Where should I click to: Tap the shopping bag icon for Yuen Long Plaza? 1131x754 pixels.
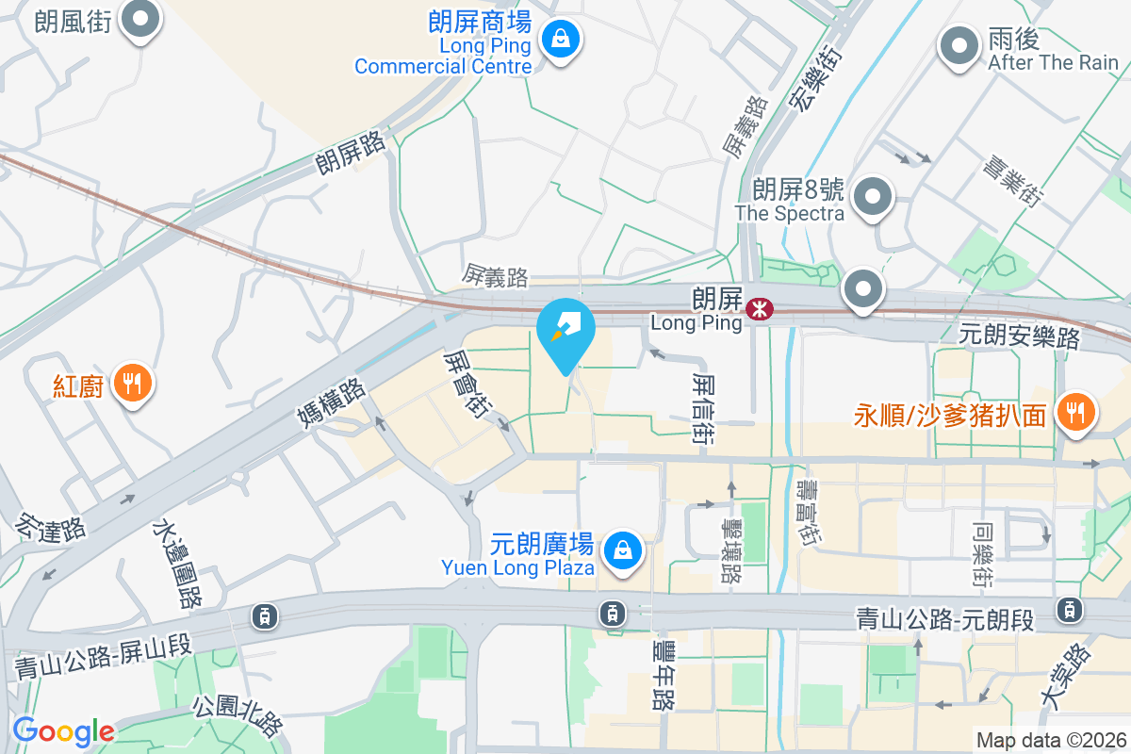pos(622,549)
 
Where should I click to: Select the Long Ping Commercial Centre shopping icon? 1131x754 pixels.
pos(561,40)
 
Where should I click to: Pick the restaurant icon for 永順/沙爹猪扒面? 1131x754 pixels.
pos(1074,412)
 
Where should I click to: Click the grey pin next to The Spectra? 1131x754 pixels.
pos(872,198)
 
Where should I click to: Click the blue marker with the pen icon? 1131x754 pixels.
pos(565,330)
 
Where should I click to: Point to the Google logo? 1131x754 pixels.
pos(63,731)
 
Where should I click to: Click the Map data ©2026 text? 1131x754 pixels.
pos(1050,741)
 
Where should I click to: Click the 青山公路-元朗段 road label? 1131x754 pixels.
pos(944,620)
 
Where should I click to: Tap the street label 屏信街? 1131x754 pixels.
pos(702,407)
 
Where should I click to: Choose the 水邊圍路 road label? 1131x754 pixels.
pos(178,564)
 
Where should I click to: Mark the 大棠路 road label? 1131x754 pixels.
pos(1065,675)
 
